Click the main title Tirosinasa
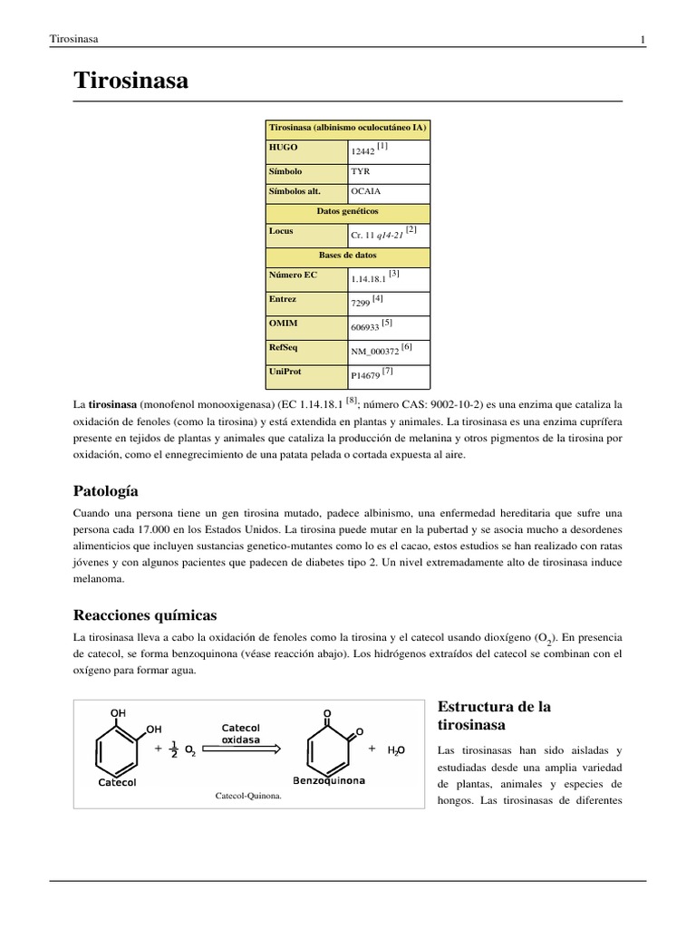(130, 81)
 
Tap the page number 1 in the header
(643, 39)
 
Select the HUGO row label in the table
(283, 147)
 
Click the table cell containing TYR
(360, 171)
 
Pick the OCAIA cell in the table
(365, 191)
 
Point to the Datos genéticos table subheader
(347, 210)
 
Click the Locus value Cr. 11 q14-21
(378, 234)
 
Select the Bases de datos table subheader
(347, 255)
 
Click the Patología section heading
(105, 491)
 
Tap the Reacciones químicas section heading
(145, 614)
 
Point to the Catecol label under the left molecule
(116, 782)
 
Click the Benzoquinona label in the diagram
(328, 780)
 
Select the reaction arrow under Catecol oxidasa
(240, 749)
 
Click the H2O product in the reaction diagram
(396, 750)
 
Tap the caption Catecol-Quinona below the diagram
(248, 796)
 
